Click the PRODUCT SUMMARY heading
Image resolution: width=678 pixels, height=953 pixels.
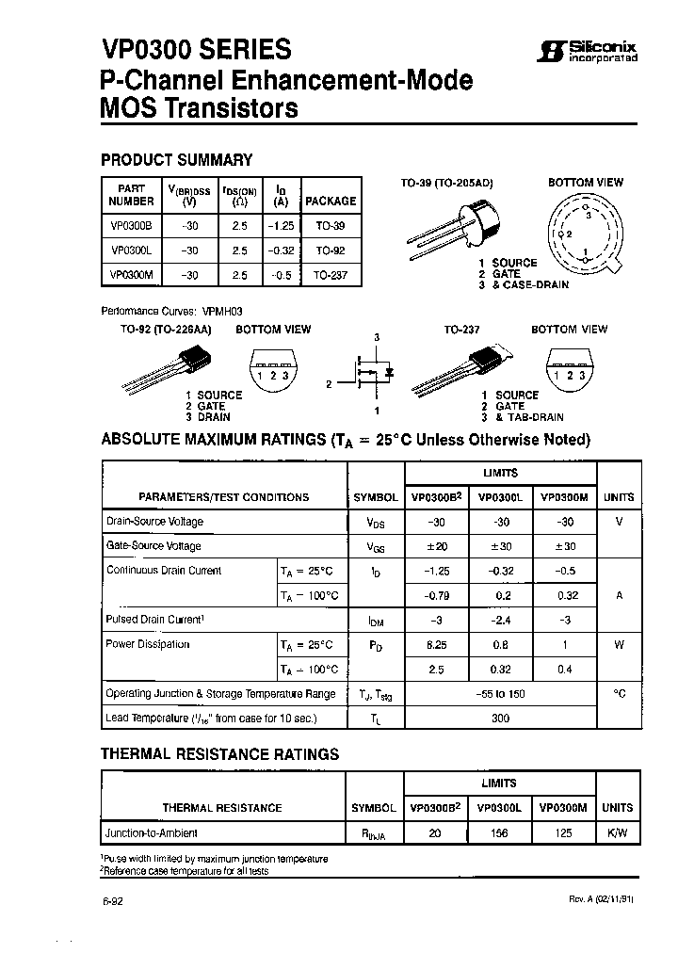[176, 160]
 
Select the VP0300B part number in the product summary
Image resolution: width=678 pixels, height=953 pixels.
[130, 228]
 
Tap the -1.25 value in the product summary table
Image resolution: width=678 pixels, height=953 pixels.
[280, 228]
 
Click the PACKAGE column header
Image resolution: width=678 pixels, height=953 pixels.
[331, 201]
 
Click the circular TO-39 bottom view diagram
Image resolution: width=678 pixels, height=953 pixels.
[586, 234]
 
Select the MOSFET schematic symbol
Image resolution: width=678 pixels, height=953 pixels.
[372, 374]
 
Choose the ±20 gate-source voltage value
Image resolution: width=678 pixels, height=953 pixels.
[436, 546]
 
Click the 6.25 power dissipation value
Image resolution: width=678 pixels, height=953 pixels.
[436, 645]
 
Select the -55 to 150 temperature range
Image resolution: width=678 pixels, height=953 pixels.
[500, 694]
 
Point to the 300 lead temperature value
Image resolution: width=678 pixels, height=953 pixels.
[500, 719]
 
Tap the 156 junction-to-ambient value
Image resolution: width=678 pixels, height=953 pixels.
[500, 833]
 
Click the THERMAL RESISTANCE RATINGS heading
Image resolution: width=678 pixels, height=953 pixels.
[219, 754]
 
